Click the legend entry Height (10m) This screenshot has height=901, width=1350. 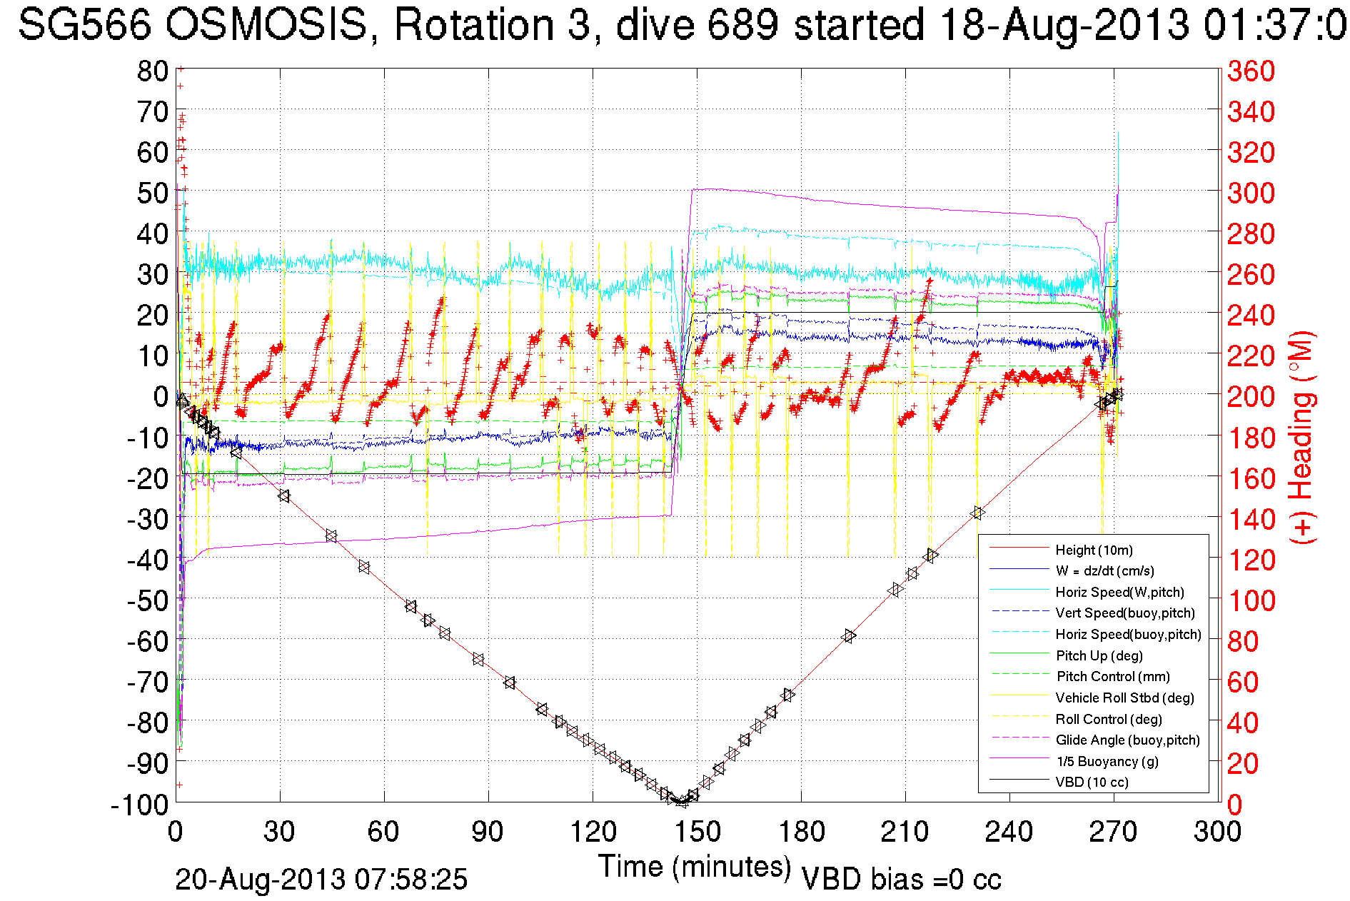pos(1094,550)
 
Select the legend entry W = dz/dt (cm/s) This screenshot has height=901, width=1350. pos(1104,570)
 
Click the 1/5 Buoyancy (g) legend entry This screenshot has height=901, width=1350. pos(1107,761)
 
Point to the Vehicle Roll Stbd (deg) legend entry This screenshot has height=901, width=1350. pos(1124,698)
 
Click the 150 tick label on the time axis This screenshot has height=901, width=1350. pos(697,832)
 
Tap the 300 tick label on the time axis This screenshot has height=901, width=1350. pos(1217,832)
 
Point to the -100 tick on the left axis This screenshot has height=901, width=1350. pos(139,805)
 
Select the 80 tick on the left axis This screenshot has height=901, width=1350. pos(152,71)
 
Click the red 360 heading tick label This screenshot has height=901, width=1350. pos(1251,71)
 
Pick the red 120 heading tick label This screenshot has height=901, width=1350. pos(1251,560)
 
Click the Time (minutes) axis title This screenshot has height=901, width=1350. pos(694,867)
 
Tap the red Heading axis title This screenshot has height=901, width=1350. pos(1301,437)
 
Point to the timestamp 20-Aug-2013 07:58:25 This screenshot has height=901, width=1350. pos(321,880)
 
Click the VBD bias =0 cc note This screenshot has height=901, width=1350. pos(901,880)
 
